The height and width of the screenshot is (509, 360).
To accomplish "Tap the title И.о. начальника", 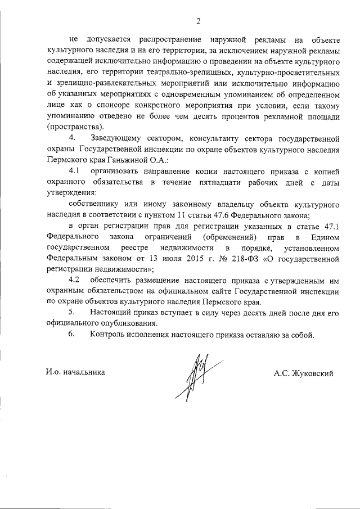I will [x=76, y=372].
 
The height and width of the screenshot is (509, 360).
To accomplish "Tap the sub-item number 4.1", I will [x=75, y=170].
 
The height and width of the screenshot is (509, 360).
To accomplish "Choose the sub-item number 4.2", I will [x=75, y=280].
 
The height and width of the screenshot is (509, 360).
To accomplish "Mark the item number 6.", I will [x=71, y=335].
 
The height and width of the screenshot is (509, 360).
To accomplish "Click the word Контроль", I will [x=108, y=335].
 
